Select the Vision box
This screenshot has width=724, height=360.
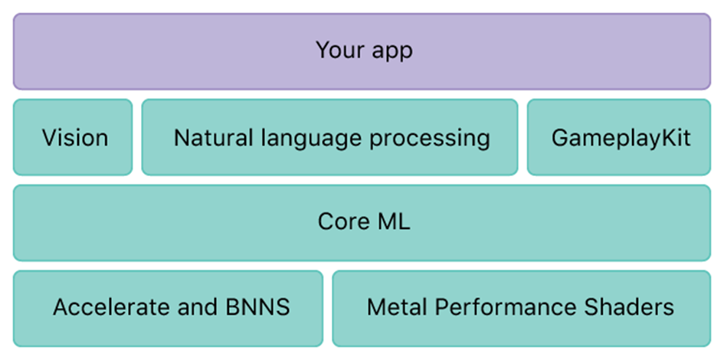74,138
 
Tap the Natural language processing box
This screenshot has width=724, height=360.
330,138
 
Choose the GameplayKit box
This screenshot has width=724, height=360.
620,138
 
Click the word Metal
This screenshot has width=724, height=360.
396,308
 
